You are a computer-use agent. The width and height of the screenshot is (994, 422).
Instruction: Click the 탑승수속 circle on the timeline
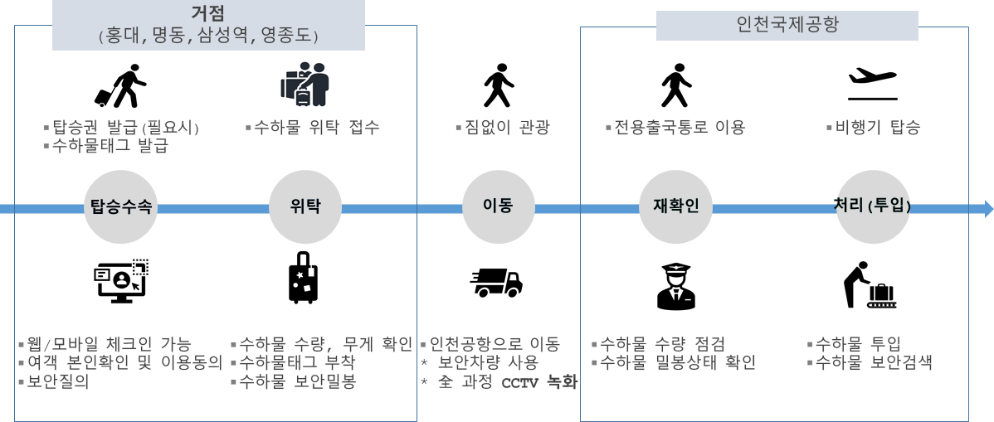(120, 207)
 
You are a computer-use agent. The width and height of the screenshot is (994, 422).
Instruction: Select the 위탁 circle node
(305, 207)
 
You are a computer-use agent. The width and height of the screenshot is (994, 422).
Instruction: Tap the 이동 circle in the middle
(498, 207)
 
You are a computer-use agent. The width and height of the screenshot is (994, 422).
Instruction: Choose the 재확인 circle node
(676, 207)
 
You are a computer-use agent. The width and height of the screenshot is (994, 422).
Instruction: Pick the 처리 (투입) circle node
(872, 207)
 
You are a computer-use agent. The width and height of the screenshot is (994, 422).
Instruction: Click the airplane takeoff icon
(872, 80)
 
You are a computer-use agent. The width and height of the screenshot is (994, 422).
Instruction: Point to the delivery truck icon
(496, 283)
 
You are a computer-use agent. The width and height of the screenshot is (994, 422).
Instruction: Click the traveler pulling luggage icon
(120, 85)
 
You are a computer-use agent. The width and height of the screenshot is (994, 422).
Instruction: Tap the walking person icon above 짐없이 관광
(498, 85)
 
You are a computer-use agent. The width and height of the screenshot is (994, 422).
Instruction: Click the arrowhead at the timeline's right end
(987, 208)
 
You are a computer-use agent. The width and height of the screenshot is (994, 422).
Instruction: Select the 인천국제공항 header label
(787, 25)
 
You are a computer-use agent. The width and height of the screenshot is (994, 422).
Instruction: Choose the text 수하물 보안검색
(874, 363)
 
